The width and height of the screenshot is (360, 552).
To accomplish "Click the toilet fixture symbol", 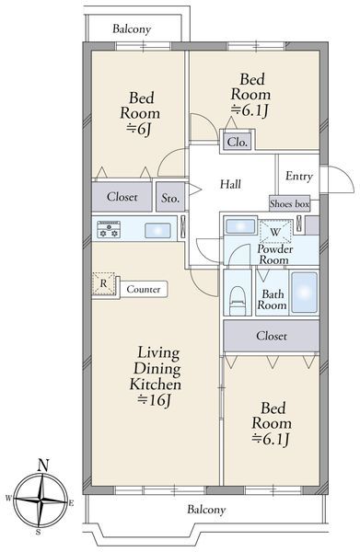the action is click(x=237, y=300).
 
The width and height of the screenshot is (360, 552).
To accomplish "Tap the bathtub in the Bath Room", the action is click(x=304, y=293).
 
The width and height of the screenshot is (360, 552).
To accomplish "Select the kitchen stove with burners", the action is click(x=109, y=229).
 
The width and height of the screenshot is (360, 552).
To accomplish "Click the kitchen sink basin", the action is click(x=157, y=231).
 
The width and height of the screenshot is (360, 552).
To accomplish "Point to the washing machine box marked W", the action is click(x=276, y=231).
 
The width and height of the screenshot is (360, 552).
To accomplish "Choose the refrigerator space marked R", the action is click(x=103, y=283).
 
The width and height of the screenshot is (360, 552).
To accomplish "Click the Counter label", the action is click(x=144, y=290).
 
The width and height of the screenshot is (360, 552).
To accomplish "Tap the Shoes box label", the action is click(x=289, y=203).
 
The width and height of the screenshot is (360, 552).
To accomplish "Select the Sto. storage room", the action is click(x=170, y=197).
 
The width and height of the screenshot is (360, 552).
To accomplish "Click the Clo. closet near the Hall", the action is click(x=238, y=142).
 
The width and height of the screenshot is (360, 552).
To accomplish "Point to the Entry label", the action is click(x=298, y=176).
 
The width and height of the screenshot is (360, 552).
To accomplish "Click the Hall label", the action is click(x=230, y=184).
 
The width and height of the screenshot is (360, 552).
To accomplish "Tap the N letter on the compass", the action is click(x=43, y=466).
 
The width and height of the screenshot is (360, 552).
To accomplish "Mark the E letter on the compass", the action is click(x=71, y=503).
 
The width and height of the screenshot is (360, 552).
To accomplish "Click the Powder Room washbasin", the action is click(x=240, y=226).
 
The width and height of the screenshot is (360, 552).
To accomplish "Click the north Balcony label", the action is click(x=132, y=29).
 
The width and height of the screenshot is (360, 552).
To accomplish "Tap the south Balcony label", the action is click(x=206, y=510).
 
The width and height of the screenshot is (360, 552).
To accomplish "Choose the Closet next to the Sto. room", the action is click(x=122, y=197).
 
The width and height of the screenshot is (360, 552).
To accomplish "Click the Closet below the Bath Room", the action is click(x=272, y=336).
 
